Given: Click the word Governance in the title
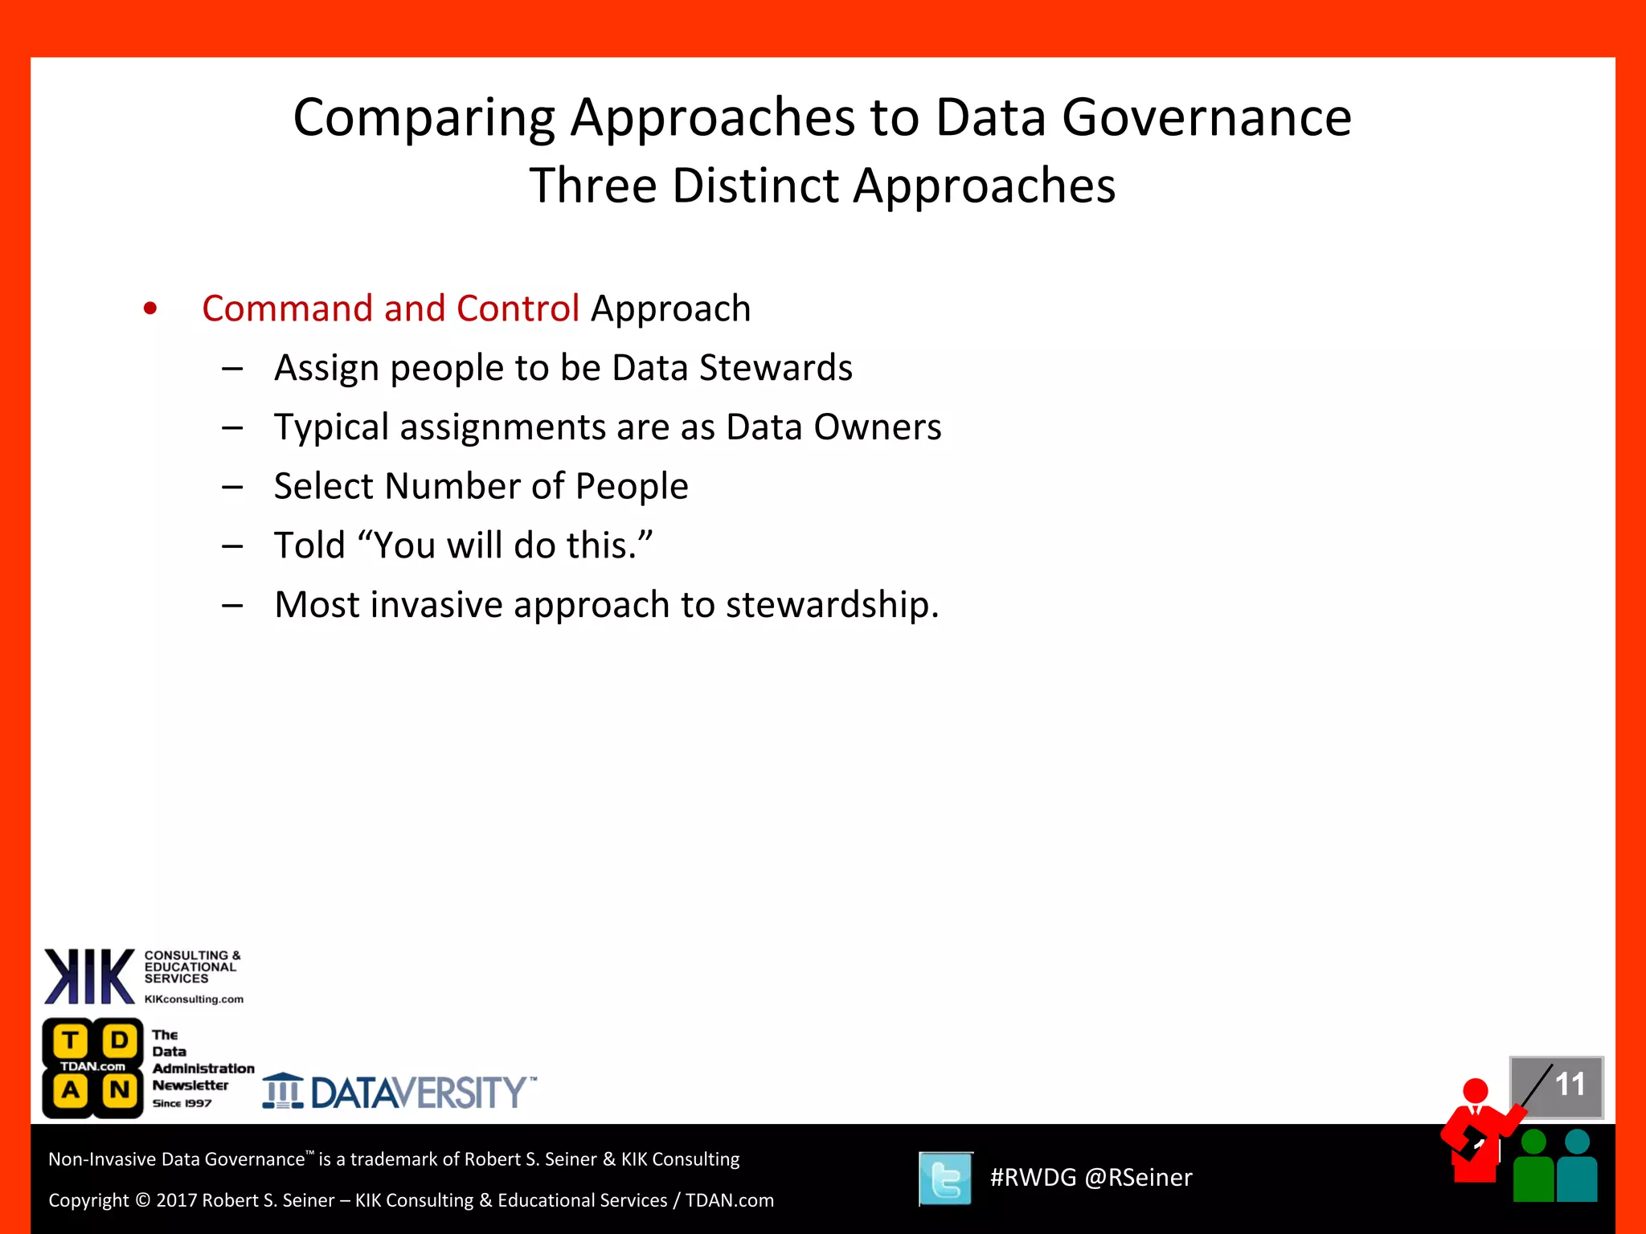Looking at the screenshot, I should pyautogui.click(x=1206, y=118).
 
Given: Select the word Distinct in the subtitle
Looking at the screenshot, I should pyautogui.click(x=755, y=186).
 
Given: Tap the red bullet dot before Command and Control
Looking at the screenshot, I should pyautogui.click(x=150, y=308).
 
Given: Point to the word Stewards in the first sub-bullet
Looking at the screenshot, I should pyautogui.click(x=776, y=368).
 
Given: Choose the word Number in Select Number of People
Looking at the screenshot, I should pyautogui.click(x=452, y=486).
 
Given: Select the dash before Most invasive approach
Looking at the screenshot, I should pyautogui.click(x=233, y=605).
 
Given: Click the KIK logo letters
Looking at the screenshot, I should pyautogui.click(x=89, y=977).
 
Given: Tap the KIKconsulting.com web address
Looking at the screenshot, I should pyautogui.click(x=194, y=999).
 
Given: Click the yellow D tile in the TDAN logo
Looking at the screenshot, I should pyautogui.click(x=120, y=1040).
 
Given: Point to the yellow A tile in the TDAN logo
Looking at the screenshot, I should pyautogui.click(x=71, y=1090).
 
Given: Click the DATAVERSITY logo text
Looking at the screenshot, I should pyautogui.click(x=418, y=1093).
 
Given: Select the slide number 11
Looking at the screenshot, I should pyautogui.click(x=1569, y=1085).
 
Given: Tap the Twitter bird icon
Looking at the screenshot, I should pyautogui.click(x=946, y=1179).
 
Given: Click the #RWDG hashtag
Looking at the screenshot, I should pyautogui.click(x=1033, y=1178).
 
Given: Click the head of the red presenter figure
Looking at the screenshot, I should pyautogui.click(x=1476, y=1090).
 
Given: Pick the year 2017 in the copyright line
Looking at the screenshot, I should pyautogui.click(x=176, y=1200).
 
